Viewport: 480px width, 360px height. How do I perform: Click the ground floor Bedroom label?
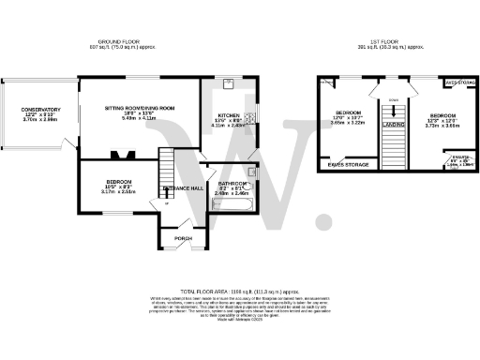coord(118,182)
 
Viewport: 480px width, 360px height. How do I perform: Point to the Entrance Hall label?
coord(182,188)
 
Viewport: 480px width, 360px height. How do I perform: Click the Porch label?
coord(183,238)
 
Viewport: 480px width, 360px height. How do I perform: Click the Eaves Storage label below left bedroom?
coord(347,165)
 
